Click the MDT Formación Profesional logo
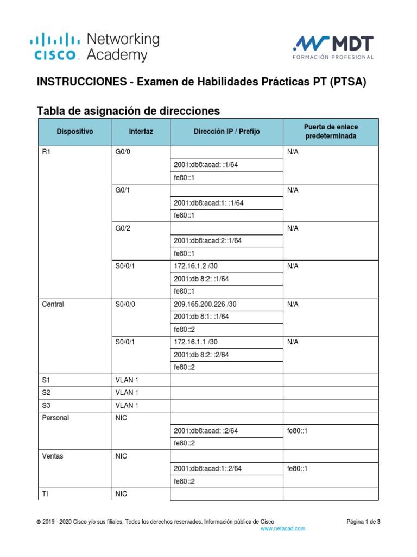click(x=333, y=47)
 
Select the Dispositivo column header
click(x=75, y=132)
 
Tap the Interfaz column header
click(x=141, y=132)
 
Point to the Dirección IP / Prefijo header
click(x=227, y=132)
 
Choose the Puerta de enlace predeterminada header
click(x=331, y=131)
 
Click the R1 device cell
click(x=46, y=152)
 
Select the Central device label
click(x=53, y=305)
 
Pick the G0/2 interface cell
click(x=123, y=228)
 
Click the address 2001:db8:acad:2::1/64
click(x=208, y=241)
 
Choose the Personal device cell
click(x=55, y=418)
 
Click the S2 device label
click(x=46, y=393)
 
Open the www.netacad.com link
click(x=283, y=528)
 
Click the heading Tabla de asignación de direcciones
click(x=128, y=111)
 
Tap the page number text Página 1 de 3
click(x=363, y=522)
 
